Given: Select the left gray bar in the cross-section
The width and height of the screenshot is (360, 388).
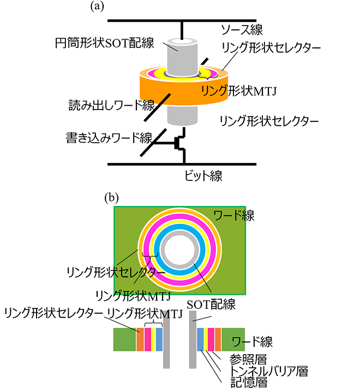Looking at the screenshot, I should [166, 342].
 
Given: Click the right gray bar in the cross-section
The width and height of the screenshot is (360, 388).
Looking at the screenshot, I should [193, 342].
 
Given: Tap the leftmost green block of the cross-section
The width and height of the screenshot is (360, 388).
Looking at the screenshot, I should [124, 339].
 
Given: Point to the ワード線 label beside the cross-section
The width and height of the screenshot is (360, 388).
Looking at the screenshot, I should [252, 342].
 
